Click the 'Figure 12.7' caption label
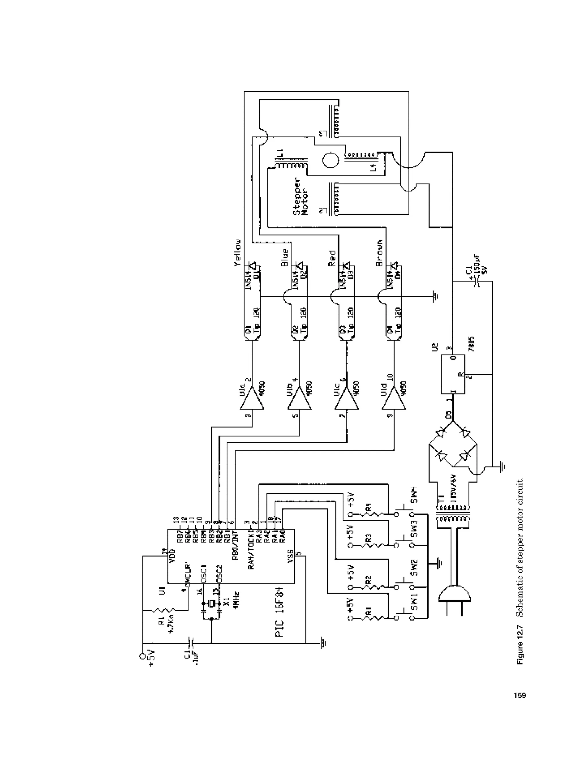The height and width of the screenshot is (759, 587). click(520, 645)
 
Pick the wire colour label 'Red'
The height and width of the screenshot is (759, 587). click(332, 258)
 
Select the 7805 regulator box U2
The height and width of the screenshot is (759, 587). click(453, 374)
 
